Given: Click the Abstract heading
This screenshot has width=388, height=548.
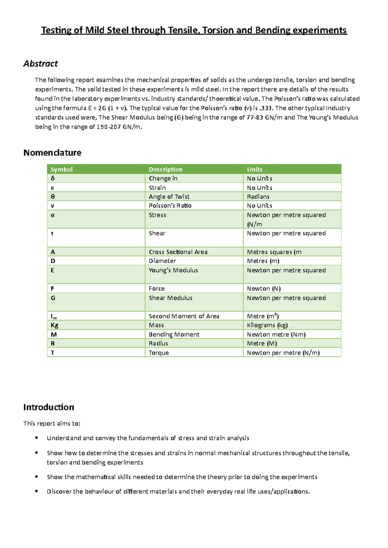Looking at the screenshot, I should pos(40,64).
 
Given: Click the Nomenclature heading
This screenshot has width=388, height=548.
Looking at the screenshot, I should pos(52,153).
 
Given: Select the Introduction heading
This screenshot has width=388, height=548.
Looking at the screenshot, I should pos(48,407).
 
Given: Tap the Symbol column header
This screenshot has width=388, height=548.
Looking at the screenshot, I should pos(61,169).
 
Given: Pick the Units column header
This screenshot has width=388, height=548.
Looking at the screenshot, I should pos(254,169).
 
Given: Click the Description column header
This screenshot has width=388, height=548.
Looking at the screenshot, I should pos(166,169).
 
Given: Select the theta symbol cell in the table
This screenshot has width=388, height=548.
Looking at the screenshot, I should pos(53,197).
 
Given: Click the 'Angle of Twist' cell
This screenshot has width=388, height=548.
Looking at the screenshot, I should pos(169,197).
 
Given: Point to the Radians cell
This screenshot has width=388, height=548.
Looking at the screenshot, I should pos(258,197).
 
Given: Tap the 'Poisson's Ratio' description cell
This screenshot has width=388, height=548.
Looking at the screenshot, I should pos(170,206).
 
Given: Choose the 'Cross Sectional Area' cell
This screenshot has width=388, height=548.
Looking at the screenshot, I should pos(178,252).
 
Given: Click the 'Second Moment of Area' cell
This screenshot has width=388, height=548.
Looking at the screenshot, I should pos(184,316).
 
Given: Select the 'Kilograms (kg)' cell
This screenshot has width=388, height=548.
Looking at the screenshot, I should pos(267,325).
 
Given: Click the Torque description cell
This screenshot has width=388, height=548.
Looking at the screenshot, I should pos(159,353).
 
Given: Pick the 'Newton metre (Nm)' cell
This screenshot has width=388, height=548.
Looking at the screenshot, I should pos(276,335).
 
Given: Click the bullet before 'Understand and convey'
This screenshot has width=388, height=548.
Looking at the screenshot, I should pos(37,438).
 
